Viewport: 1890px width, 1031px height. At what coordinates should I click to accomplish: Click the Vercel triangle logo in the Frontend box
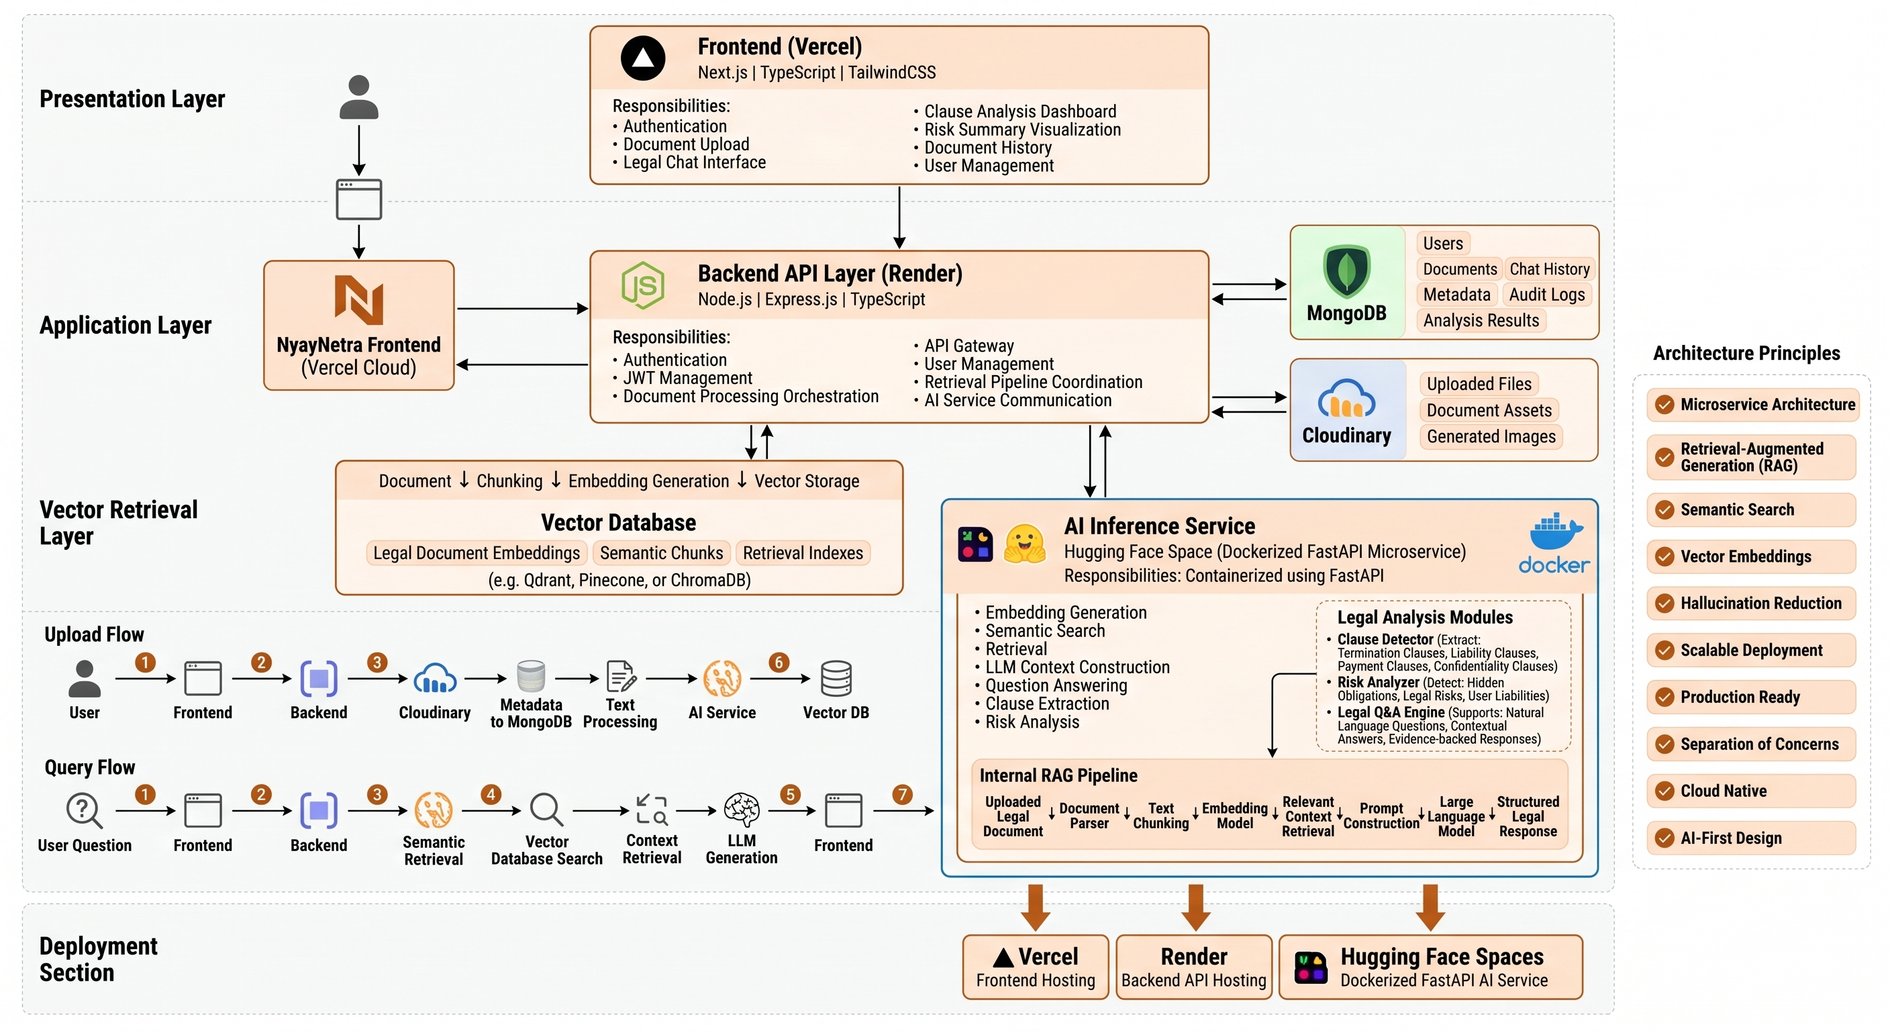point(643,58)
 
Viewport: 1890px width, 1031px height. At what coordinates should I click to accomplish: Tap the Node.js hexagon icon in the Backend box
point(643,285)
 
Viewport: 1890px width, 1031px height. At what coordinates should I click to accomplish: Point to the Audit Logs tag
point(1546,294)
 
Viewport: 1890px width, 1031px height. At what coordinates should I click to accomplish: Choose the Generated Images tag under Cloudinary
point(1491,436)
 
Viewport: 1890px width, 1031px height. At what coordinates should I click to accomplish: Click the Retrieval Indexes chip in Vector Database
point(803,552)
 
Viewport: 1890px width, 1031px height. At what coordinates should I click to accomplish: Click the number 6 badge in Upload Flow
point(779,662)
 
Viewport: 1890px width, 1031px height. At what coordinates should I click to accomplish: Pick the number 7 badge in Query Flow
point(902,795)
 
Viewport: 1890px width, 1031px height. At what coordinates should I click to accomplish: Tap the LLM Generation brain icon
point(741,810)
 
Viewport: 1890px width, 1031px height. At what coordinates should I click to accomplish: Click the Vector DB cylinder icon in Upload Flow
point(836,679)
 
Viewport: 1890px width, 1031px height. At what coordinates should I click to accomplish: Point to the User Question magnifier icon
point(84,811)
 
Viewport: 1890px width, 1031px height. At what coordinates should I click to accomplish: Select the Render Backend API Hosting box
point(1194,967)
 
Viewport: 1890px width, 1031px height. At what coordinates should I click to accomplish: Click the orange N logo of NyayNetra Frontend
point(359,299)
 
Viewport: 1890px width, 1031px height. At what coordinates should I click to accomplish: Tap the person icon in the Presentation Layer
point(359,96)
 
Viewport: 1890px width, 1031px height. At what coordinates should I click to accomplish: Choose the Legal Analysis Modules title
point(1425,617)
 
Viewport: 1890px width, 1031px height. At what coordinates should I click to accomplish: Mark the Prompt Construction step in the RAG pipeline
point(1381,816)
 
